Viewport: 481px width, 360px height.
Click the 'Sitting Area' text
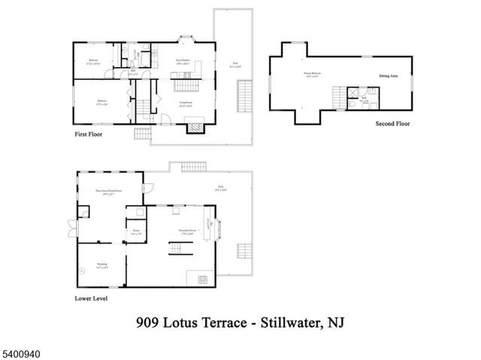point(388,74)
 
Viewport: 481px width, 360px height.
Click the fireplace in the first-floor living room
point(195,128)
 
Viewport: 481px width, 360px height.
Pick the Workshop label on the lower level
point(102,265)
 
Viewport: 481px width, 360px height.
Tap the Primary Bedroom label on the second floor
point(314,74)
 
